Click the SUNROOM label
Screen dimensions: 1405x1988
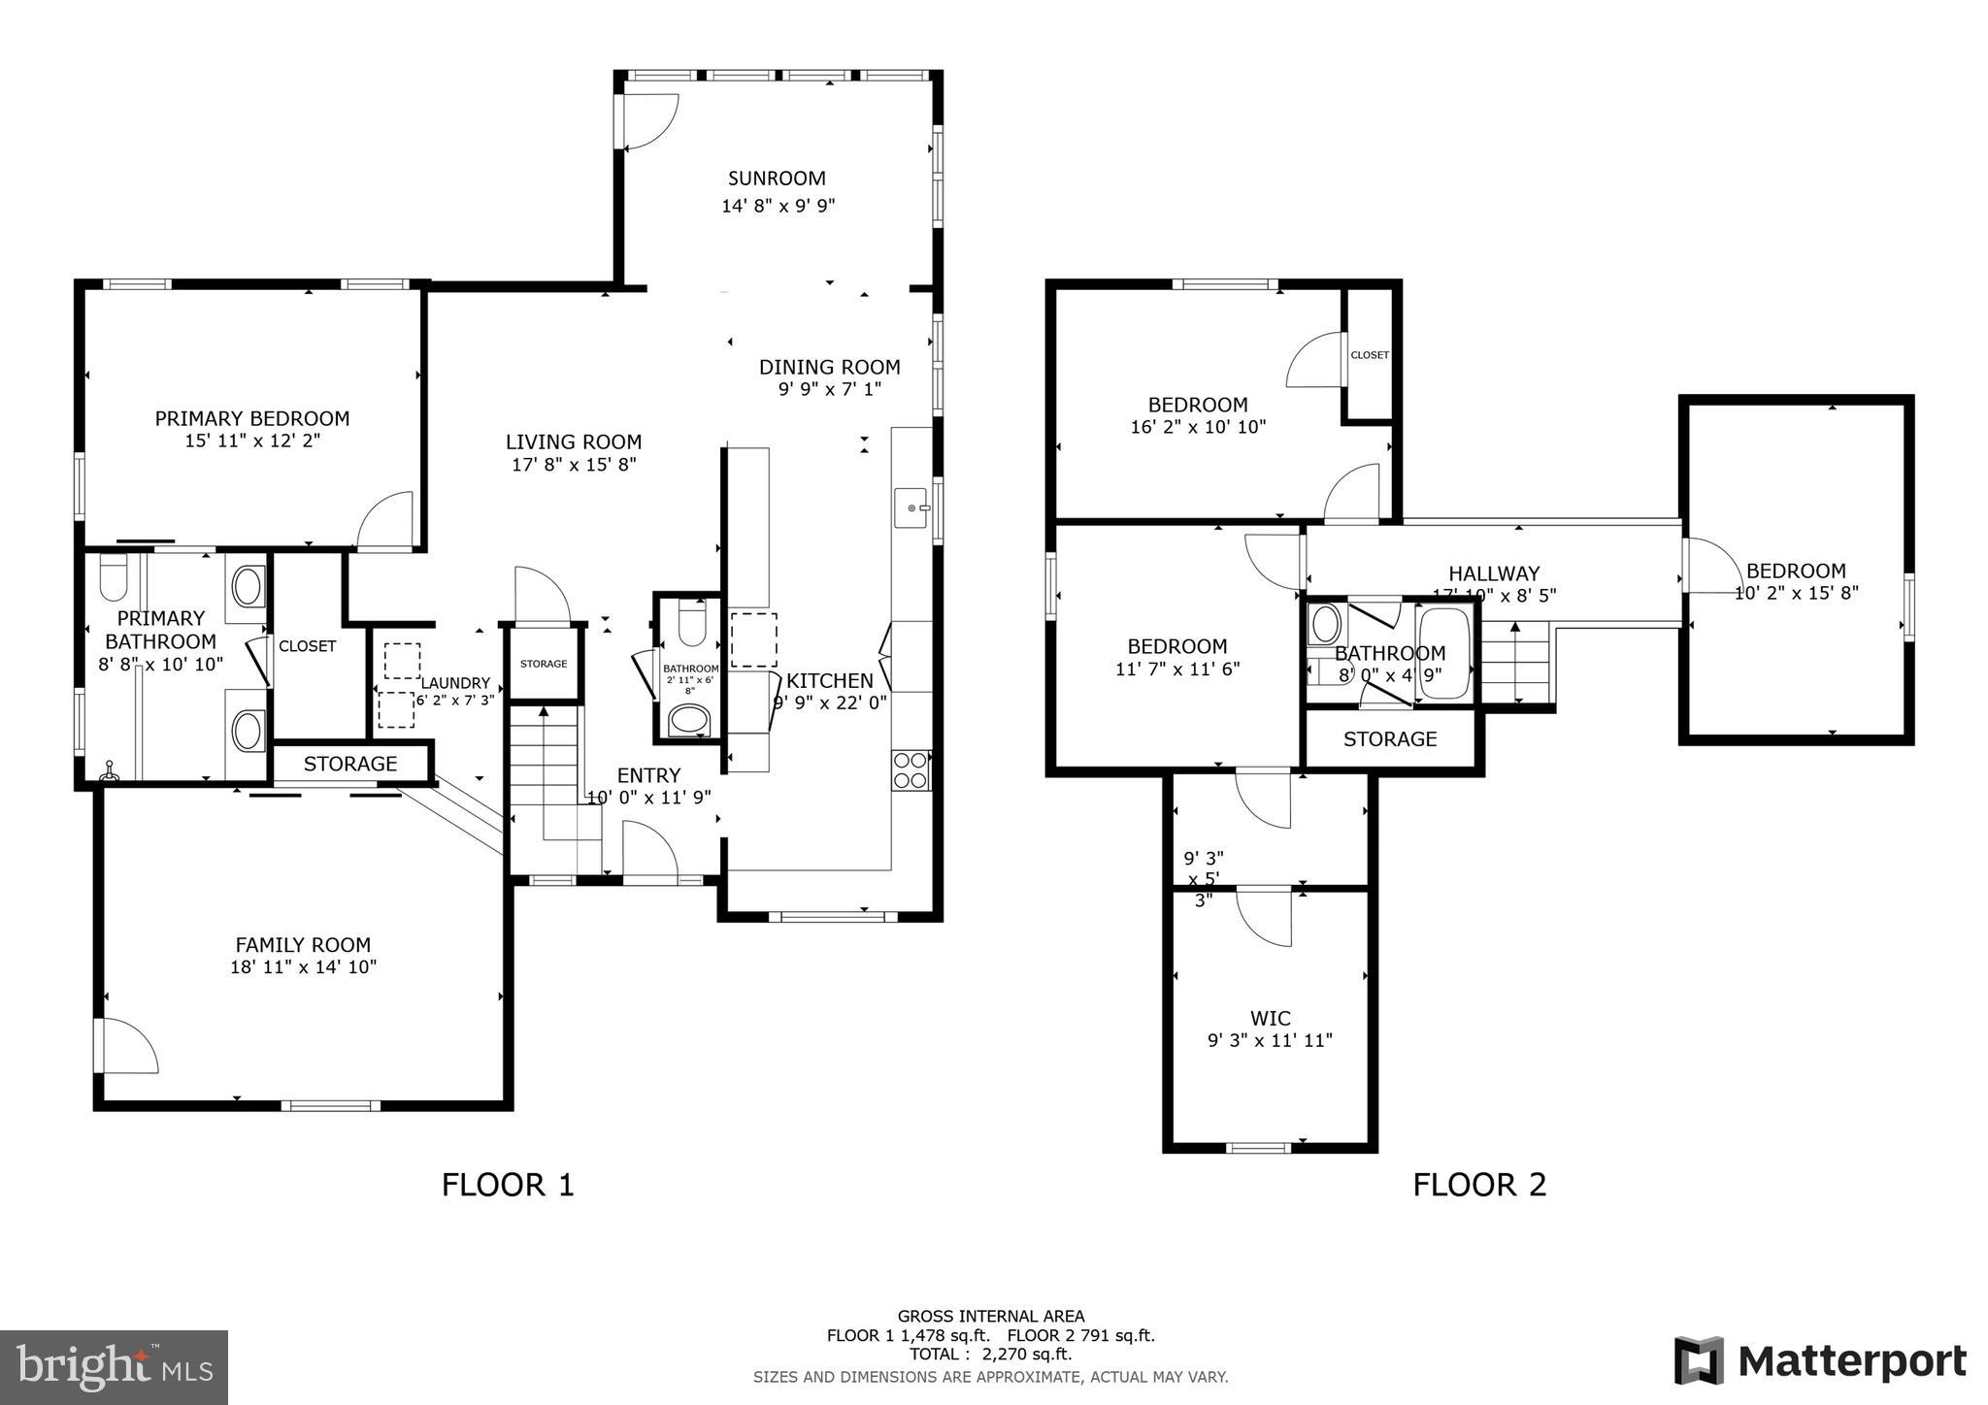click(777, 179)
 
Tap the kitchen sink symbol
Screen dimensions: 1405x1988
click(911, 507)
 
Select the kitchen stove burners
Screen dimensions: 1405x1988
click(911, 769)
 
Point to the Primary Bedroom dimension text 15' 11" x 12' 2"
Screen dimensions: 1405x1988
click(252, 441)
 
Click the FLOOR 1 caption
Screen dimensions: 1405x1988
click(508, 1185)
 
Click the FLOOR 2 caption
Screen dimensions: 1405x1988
click(1478, 1185)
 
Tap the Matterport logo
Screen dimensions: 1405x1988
click(1820, 1360)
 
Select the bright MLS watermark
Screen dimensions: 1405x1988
click(114, 1367)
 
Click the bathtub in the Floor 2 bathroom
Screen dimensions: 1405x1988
click(1443, 652)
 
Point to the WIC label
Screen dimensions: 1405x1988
click(1270, 1018)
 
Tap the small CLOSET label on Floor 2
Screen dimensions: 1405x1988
click(1369, 355)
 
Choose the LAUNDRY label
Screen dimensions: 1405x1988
click(455, 683)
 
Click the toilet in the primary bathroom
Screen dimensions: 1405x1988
click(114, 579)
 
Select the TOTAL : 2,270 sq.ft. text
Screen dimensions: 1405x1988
click(990, 1355)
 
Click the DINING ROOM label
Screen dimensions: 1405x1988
click(829, 368)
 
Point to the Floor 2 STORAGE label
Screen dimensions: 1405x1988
click(1389, 739)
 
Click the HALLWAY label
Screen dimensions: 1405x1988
click(1493, 573)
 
